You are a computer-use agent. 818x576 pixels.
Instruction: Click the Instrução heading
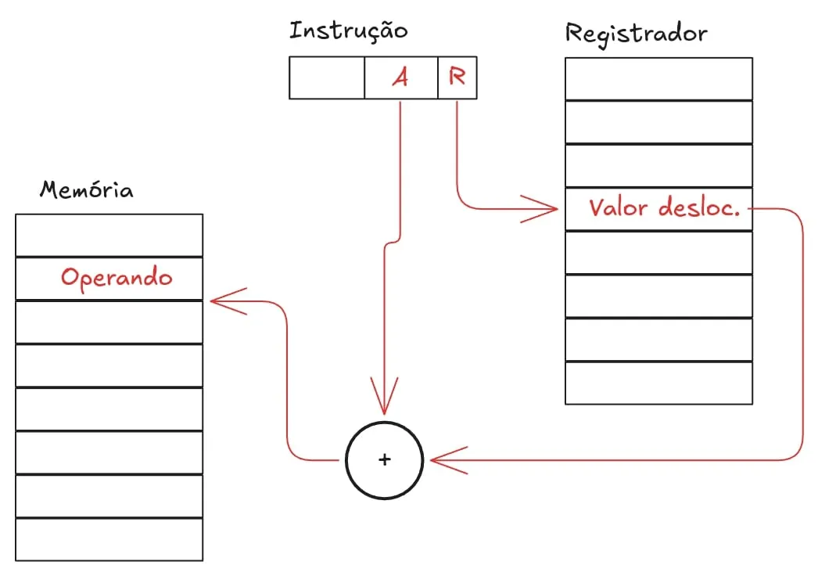[x=348, y=31]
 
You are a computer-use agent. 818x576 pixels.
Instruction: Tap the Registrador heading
[x=636, y=34]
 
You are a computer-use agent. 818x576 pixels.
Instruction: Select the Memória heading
[x=86, y=190]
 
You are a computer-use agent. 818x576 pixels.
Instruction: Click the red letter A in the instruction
[x=400, y=77]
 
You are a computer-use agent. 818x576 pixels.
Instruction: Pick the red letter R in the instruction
[x=457, y=77]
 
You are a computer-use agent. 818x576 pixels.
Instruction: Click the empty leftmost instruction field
[x=327, y=77]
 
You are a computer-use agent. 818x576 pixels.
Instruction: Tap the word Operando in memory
[x=117, y=278]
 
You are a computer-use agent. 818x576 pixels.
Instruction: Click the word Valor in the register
[x=620, y=209]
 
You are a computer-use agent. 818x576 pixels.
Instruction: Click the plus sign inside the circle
[x=384, y=460]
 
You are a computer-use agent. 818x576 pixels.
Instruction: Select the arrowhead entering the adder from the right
[x=442, y=459]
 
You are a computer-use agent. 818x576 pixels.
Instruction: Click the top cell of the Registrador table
[x=658, y=78]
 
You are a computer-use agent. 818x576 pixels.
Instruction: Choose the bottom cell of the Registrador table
[x=658, y=383]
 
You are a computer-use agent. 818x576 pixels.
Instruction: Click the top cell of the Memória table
[x=109, y=236]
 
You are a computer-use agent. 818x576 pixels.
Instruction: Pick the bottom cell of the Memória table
[x=109, y=539]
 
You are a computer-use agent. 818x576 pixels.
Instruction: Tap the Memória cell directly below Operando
[x=109, y=322]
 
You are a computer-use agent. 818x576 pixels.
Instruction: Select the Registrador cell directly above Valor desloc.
[x=658, y=166]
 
